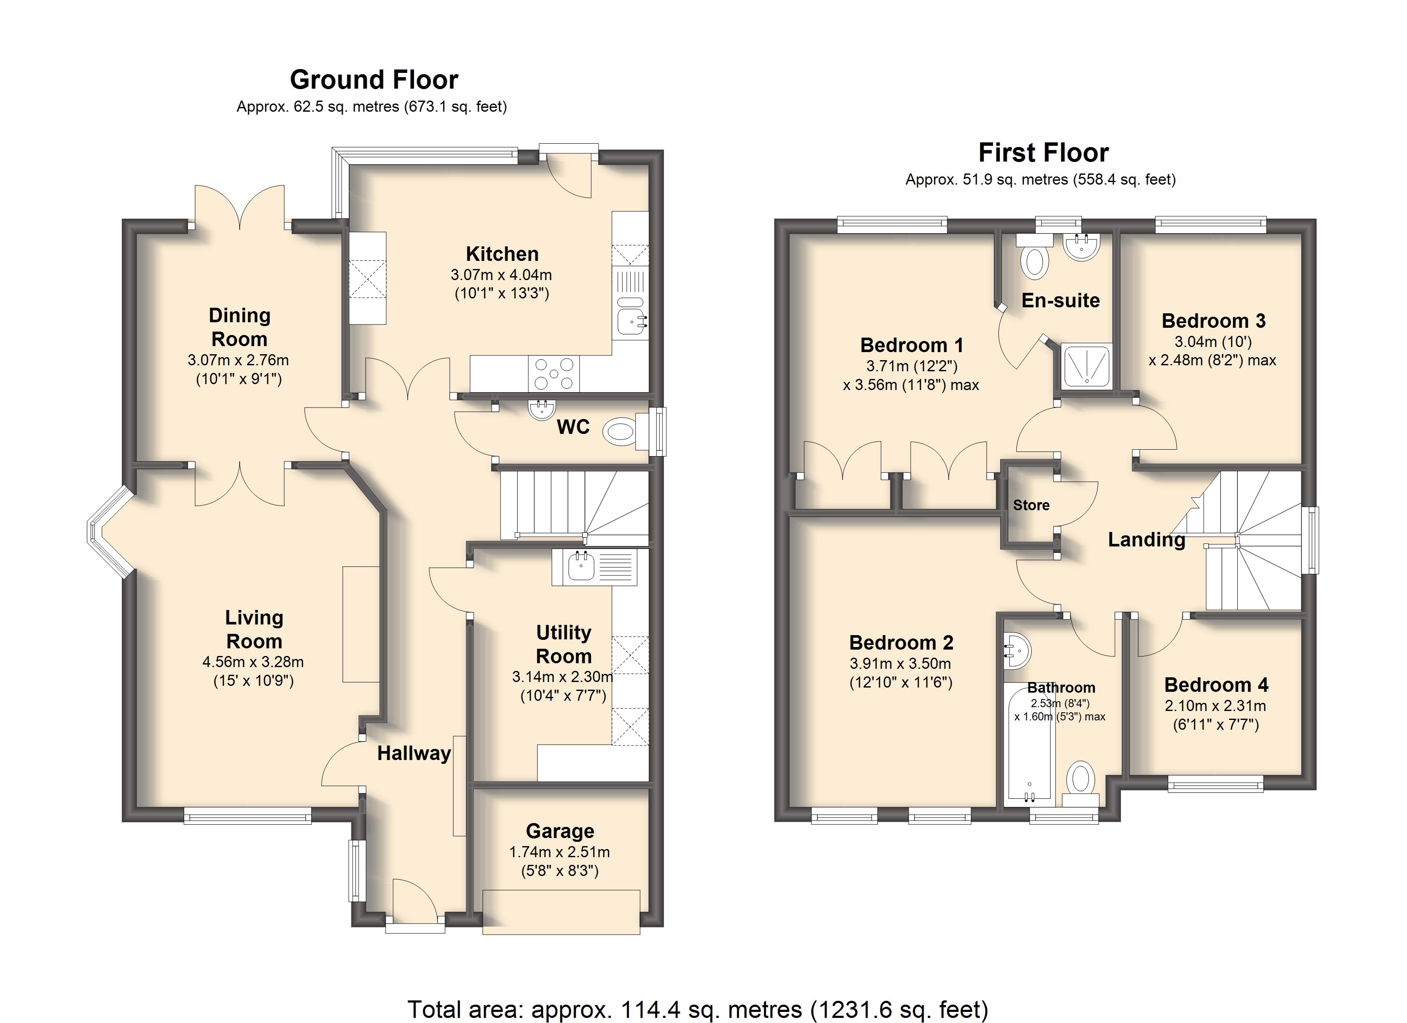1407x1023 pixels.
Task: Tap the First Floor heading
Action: coord(1043,153)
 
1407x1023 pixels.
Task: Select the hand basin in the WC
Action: coord(541,409)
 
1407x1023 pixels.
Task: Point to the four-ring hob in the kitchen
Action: coord(554,373)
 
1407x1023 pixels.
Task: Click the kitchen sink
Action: coord(631,318)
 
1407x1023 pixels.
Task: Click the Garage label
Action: coord(560,831)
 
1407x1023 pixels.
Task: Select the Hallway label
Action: coord(414,753)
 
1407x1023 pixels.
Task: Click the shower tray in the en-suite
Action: coord(1086,366)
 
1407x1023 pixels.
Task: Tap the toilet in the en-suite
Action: coord(1034,256)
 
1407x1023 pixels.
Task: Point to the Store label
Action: coord(1031,505)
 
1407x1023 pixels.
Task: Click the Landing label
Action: coord(1146,540)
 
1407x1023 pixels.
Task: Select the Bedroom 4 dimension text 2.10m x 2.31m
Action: coord(1215,705)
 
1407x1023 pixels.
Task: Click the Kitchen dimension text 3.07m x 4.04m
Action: coord(501,275)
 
